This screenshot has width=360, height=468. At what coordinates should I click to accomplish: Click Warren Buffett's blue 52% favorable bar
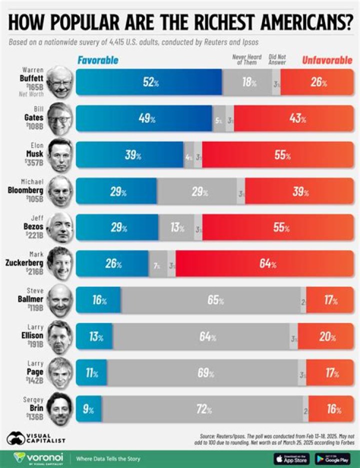pos(148,82)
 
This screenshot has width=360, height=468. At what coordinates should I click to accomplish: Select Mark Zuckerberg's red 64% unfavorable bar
pos(264,263)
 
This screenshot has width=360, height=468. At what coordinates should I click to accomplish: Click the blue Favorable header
pos(97,60)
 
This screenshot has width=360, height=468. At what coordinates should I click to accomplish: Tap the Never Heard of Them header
pos(247,59)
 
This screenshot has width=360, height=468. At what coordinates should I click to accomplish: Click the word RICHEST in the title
pos(206,23)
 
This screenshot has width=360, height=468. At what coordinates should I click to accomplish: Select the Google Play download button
pos(332,458)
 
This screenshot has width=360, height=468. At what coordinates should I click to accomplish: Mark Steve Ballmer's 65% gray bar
pos(210,300)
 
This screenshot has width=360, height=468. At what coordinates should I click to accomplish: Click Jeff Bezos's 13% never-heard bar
pos(176,227)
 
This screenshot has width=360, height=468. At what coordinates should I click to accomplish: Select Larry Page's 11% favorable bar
pos(91,373)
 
